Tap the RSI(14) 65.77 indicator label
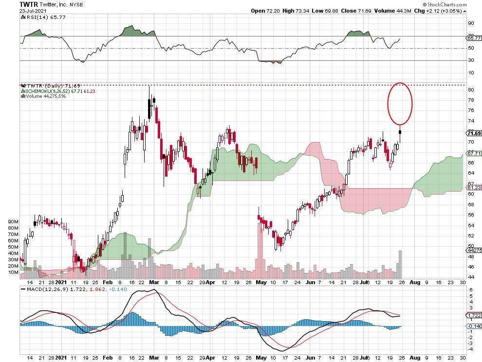click(41, 17)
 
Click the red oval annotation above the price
click(400, 103)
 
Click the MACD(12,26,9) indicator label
click(46, 289)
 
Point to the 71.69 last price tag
click(473, 133)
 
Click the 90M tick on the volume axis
click(13, 222)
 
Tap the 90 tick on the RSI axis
click(470, 23)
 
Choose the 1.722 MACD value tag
click(473, 315)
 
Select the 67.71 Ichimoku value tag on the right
click(473, 153)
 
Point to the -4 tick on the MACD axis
click(470, 349)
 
